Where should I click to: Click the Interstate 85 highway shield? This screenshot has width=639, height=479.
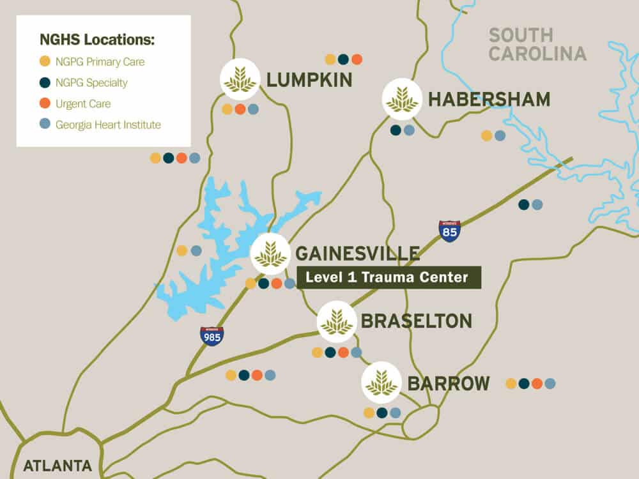[x=450, y=231]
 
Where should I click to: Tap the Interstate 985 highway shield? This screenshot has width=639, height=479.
[x=212, y=336]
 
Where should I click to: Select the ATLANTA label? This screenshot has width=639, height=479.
[x=58, y=465]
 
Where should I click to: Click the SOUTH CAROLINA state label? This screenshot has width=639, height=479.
[x=537, y=44]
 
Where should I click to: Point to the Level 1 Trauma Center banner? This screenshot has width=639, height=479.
[x=389, y=278]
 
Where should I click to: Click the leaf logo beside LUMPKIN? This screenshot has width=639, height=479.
[x=240, y=79]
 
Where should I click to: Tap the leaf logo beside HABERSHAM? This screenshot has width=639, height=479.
[x=402, y=99]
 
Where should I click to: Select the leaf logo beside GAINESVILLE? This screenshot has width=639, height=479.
[x=270, y=254]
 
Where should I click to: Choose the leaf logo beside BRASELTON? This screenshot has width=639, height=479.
[x=337, y=321]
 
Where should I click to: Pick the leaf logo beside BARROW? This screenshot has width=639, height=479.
[x=381, y=383]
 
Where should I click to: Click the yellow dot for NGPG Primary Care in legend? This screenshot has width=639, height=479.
[x=44, y=62]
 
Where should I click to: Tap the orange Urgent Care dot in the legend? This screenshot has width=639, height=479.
[x=44, y=103]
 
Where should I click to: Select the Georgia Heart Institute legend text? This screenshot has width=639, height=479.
[x=108, y=125]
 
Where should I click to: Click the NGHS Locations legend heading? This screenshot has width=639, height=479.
[x=97, y=40]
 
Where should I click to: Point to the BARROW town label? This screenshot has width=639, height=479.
[x=449, y=384]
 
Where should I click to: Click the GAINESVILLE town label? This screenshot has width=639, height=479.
[x=357, y=254]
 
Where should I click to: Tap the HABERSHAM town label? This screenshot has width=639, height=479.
[x=489, y=100]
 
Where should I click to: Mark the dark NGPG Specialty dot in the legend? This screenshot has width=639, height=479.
[x=44, y=82]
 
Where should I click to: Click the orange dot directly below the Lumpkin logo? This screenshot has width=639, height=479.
[x=240, y=109]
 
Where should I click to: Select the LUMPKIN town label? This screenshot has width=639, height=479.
[x=309, y=80]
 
